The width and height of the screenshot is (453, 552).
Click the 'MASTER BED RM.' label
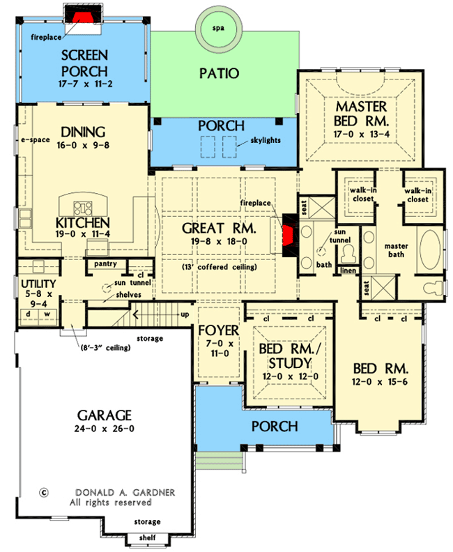[x=360, y=114]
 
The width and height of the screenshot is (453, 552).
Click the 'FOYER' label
[x=218, y=330]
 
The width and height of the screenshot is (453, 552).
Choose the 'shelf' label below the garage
[x=147, y=537]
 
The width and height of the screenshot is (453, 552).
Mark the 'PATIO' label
[x=220, y=73]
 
